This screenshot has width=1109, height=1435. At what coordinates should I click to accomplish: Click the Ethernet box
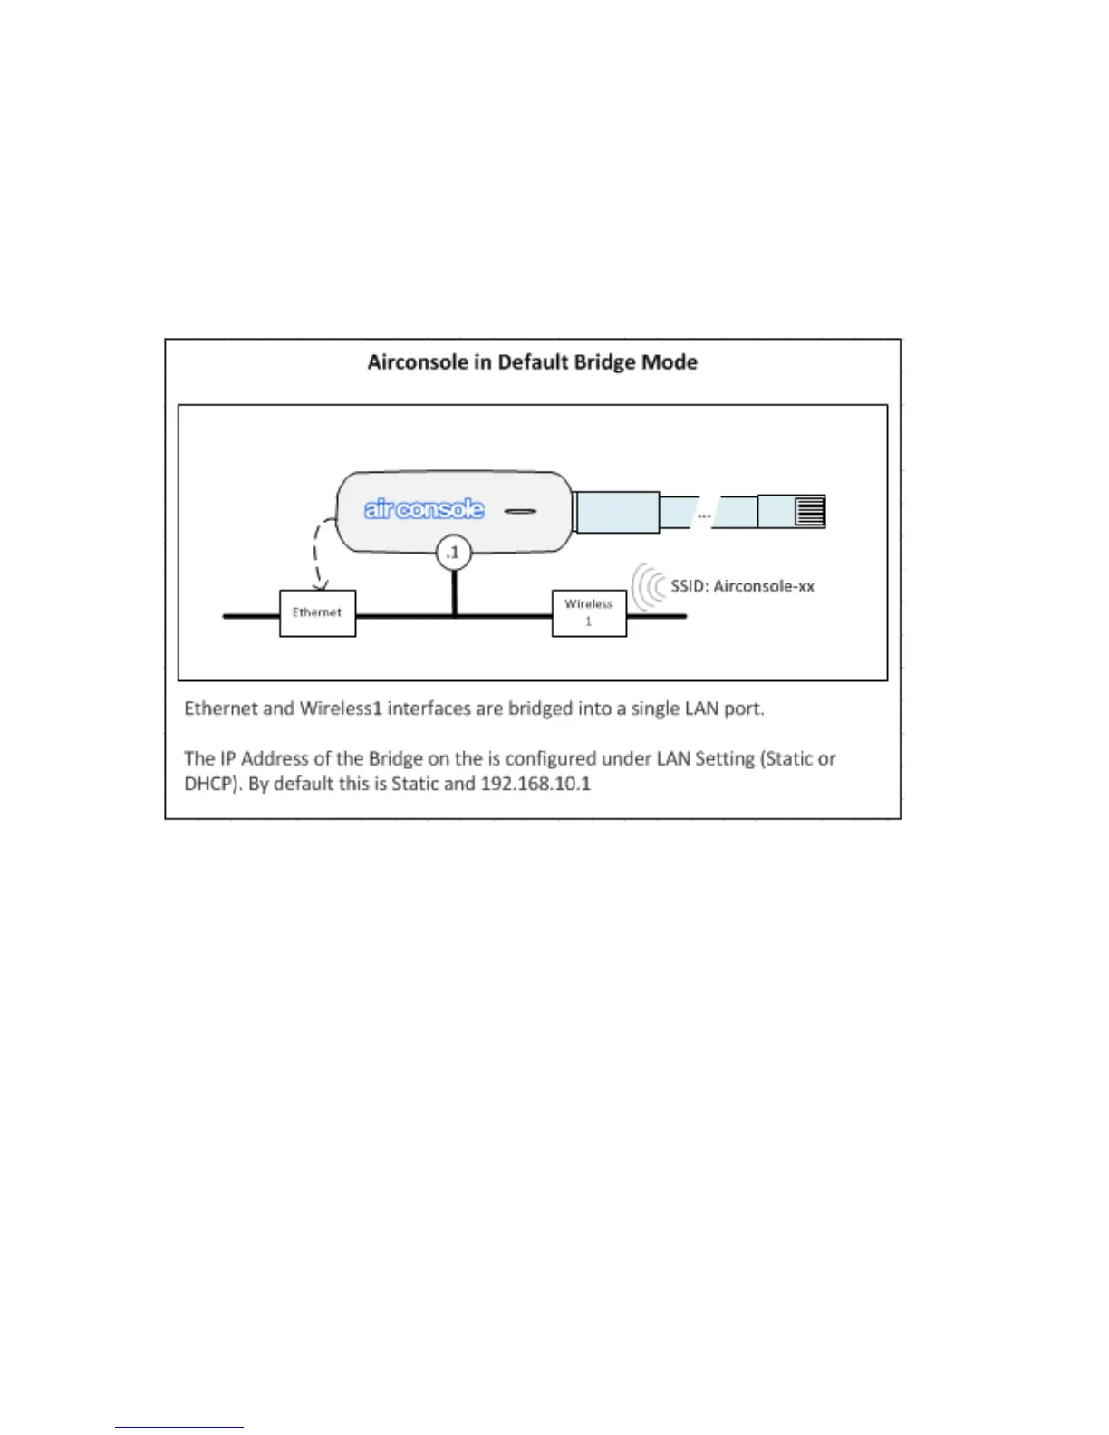tap(317, 613)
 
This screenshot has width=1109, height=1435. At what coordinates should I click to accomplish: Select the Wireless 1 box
tap(589, 613)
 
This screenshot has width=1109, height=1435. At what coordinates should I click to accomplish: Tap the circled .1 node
tap(453, 552)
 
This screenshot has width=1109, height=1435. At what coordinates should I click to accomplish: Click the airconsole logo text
tap(424, 509)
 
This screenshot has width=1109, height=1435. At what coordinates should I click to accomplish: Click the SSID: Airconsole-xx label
tap(742, 586)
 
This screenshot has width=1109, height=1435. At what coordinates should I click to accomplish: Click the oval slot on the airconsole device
tap(520, 512)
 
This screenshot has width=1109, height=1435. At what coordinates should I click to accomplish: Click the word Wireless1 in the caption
tap(341, 708)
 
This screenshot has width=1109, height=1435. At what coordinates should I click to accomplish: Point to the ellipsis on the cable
tap(704, 515)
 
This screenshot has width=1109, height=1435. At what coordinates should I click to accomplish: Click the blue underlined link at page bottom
tap(178, 1427)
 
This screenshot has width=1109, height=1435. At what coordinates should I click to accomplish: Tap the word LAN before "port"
tap(701, 708)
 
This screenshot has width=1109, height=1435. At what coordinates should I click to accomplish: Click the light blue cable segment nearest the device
tap(616, 511)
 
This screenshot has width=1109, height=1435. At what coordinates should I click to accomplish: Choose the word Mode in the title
tap(670, 362)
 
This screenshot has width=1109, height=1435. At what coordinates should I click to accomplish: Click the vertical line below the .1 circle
tap(454, 592)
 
